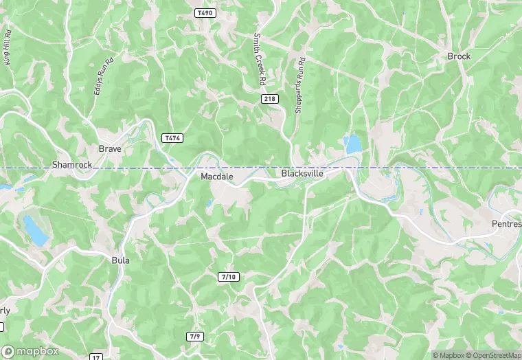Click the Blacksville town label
click(x=302, y=174)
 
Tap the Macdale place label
click(x=217, y=177)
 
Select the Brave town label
click(x=110, y=148)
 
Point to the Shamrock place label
click(x=72, y=165)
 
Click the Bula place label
click(x=120, y=260)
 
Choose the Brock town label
click(x=459, y=56)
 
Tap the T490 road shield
click(x=204, y=13)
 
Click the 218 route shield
click(x=270, y=100)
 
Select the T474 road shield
click(x=172, y=138)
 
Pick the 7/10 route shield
click(x=228, y=277)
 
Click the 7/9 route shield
click(x=195, y=336)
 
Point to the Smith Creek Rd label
click(x=260, y=60)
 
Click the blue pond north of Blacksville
click(x=353, y=144)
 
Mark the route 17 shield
click(x=96, y=357)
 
